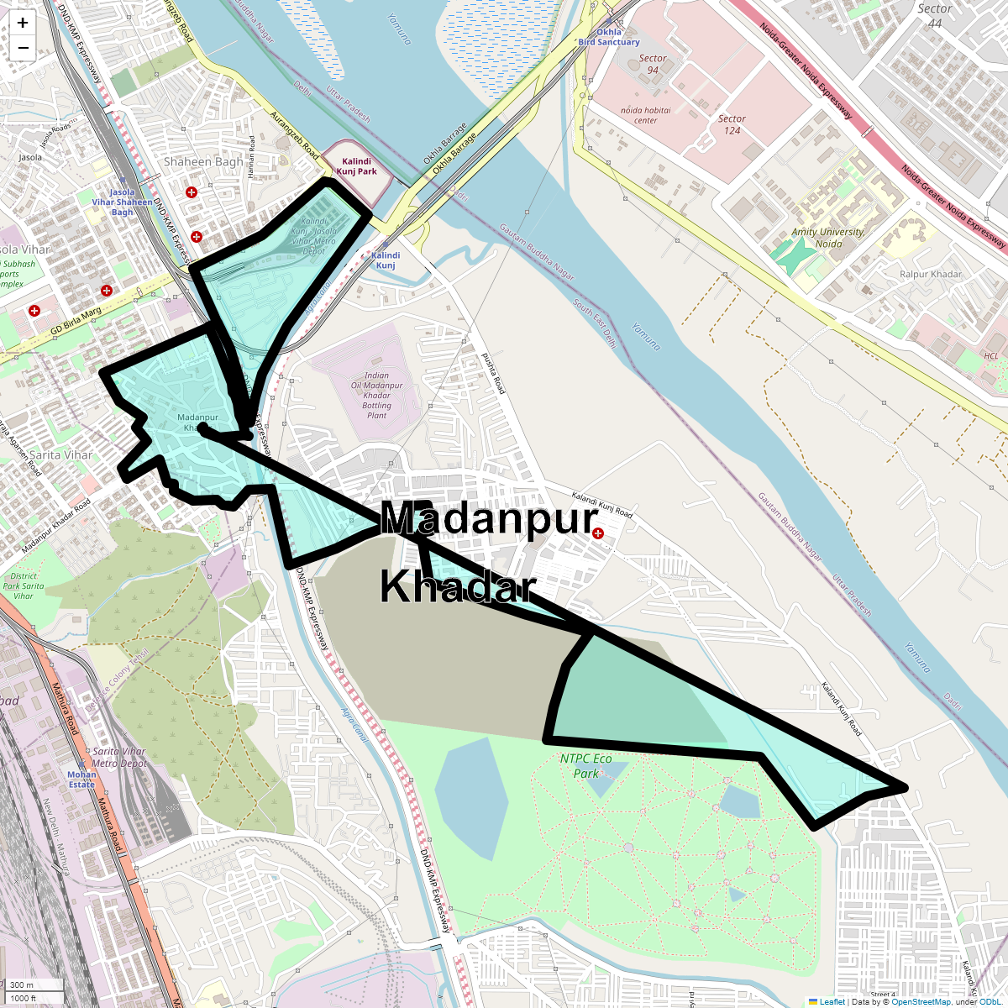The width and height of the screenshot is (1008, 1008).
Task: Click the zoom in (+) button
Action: tap(23, 23)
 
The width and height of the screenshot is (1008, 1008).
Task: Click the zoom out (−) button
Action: tap(23, 48)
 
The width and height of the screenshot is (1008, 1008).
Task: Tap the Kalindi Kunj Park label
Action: tap(356, 165)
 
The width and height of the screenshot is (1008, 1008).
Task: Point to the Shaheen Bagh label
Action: tap(203, 161)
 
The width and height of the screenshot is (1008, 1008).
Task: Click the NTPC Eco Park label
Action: tap(586, 765)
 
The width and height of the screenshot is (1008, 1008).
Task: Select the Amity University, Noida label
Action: tap(827, 238)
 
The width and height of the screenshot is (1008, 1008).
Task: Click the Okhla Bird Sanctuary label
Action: tap(609, 37)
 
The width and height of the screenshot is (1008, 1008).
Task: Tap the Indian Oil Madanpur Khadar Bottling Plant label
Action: tap(376, 396)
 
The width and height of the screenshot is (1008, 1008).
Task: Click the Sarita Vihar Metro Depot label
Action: tap(119, 758)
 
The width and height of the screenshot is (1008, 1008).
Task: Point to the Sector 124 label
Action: tap(732, 124)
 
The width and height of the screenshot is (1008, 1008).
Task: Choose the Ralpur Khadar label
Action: tap(931, 274)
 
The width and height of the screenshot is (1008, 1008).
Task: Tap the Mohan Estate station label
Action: tap(81, 780)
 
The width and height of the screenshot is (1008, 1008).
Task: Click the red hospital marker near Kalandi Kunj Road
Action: tap(598, 533)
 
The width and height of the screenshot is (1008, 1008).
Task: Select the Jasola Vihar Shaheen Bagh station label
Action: tap(123, 202)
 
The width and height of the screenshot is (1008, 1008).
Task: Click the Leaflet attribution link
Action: tap(832, 1001)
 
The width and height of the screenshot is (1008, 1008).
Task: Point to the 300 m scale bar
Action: tap(34, 984)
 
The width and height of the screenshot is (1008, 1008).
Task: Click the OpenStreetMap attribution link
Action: tap(921, 1001)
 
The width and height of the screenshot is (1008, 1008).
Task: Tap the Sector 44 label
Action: tap(934, 15)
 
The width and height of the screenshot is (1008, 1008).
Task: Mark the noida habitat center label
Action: tap(645, 115)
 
